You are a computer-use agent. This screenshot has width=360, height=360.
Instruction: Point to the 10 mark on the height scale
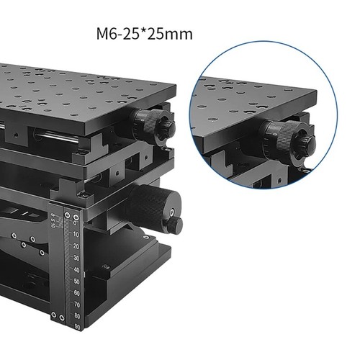[76, 233]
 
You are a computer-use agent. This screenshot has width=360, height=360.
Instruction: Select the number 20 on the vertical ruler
[76, 246]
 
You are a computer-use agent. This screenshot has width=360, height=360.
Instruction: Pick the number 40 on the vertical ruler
[76, 269]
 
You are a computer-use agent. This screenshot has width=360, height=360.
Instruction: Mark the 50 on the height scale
[76, 281]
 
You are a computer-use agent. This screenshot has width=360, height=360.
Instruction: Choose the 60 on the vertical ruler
[76, 292]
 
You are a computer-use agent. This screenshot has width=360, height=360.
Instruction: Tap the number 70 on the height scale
[76, 304]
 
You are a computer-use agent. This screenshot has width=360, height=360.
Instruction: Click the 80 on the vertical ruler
[76, 315]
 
